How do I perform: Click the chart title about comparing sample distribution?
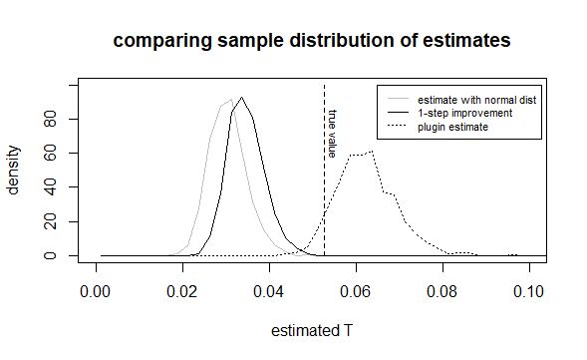(312, 41)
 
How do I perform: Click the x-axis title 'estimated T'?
(312, 332)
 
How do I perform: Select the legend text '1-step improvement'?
(465, 114)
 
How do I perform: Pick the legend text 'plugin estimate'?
(453, 127)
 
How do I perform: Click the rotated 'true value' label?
(333, 134)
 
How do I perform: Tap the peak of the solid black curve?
(242, 97)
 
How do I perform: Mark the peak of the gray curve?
(231, 99)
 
